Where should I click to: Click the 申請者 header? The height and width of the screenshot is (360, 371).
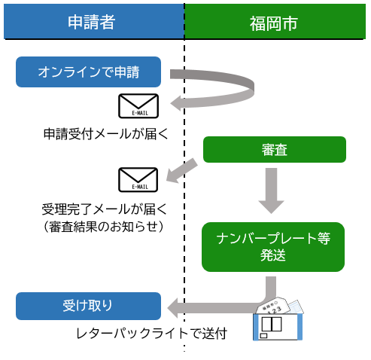tap(92, 22)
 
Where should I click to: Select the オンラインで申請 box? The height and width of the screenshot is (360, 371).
tap(89, 72)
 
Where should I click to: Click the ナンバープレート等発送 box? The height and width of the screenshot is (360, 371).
tap(272, 247)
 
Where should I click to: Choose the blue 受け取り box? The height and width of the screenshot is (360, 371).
tap(89, 306)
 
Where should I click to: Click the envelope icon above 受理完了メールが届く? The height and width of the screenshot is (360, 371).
tap(138, 179)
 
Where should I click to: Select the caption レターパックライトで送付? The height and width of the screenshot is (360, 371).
tap(161, 333)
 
